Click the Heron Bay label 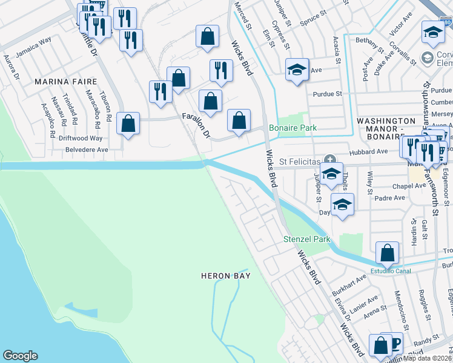226,276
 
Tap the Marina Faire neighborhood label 59,80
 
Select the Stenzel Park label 307,239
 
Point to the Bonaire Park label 293,128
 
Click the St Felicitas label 299,162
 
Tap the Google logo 20,356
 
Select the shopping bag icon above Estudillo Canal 387,253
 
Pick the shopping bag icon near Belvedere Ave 128,124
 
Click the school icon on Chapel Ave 331,174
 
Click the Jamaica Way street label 33,49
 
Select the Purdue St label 328,94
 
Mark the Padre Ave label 391,198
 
